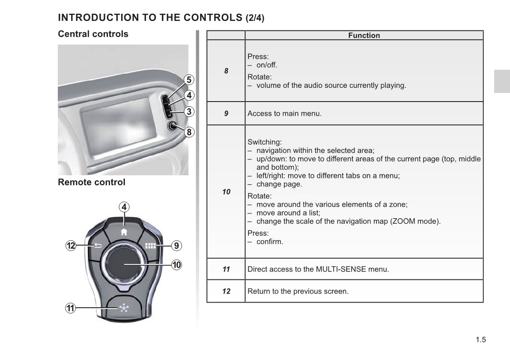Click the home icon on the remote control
124,232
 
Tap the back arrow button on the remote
98,246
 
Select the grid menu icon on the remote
150,246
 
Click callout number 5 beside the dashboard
189,80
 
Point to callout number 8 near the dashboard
189,132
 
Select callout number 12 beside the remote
71,246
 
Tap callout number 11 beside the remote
71,308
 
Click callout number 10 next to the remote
177,264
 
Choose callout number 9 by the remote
177,246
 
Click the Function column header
364,36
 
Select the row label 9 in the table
226,114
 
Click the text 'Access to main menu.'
284,114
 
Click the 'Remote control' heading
92,182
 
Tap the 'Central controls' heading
93,34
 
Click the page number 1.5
480,340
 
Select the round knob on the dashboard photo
173,126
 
